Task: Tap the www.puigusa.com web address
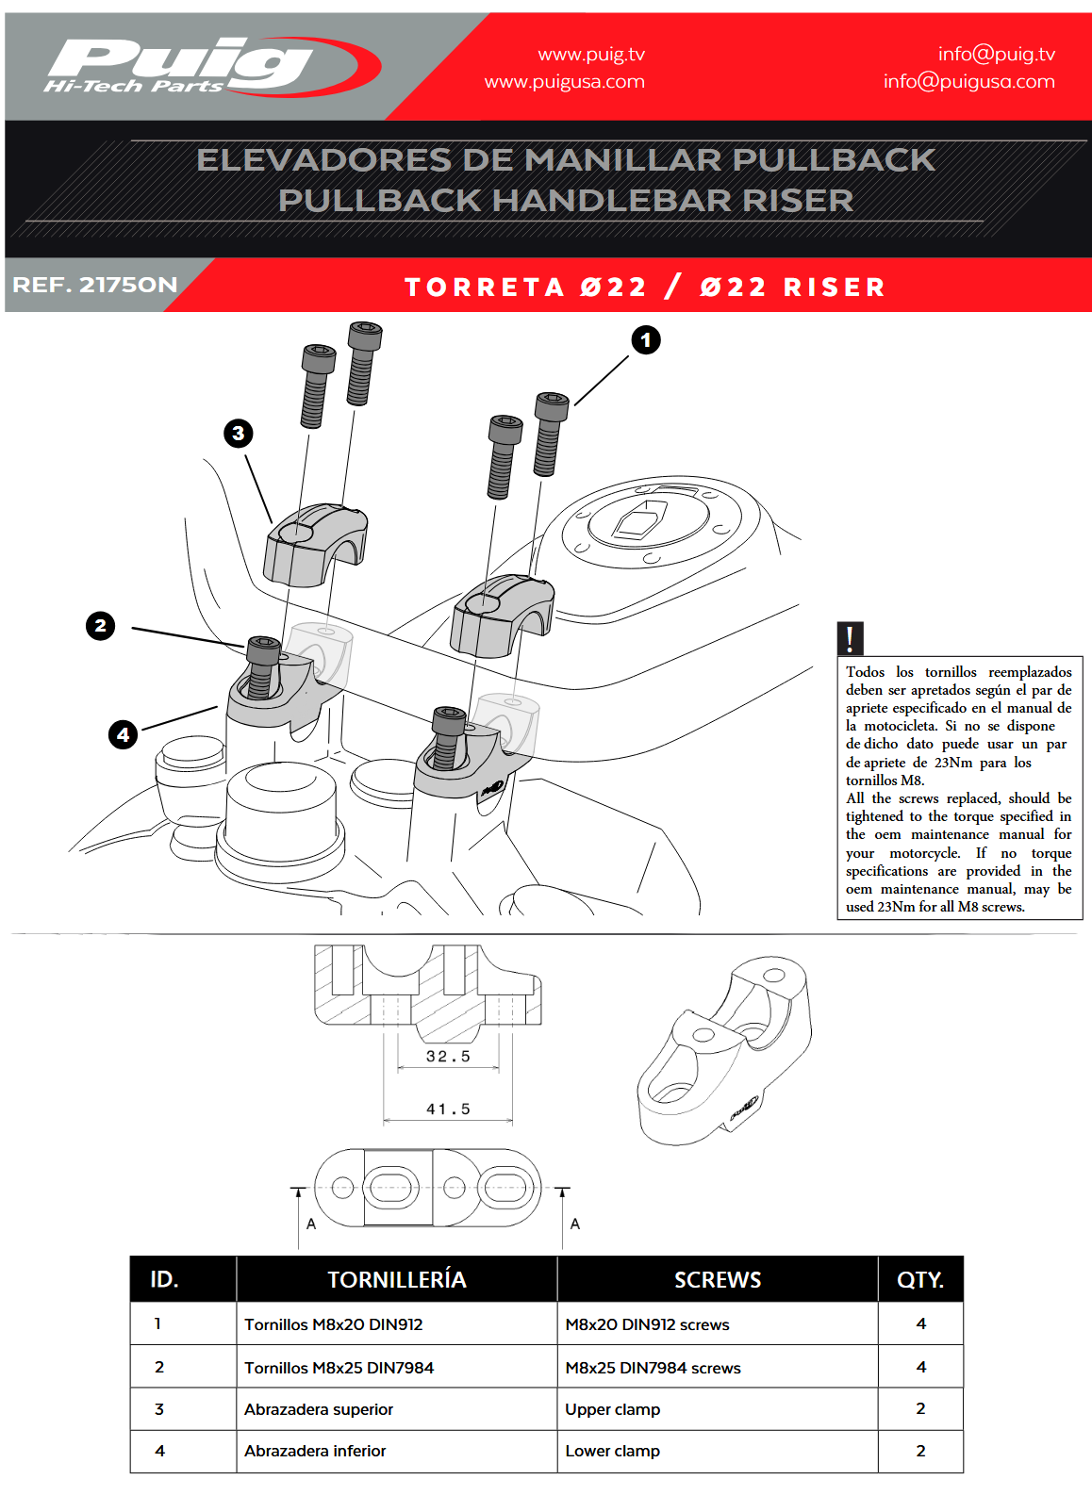(x=564, y=82)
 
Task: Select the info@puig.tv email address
(x=996, y=54)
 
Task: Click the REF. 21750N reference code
(x=94, y=285)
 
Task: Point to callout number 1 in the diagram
(x=646, y=339)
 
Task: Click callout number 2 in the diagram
(x=100, y=626)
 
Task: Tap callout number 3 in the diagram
(x=238, y=434)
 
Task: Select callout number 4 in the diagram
(x=123, y=734)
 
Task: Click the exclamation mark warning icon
(x=850, y=638)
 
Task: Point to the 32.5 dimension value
(x=448, y=1057)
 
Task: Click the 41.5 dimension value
(x=448, y=1109)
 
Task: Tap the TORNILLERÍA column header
(x=396, y=1279)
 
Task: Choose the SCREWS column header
(x=717, y=1279)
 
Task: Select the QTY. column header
(x=920, y=1279)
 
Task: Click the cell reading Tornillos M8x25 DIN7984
(x=339, y=1368)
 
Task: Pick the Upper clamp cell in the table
(x=612, y=1409)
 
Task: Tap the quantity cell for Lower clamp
(x=920, y=1451)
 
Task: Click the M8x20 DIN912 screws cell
(x=647, y=1324)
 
